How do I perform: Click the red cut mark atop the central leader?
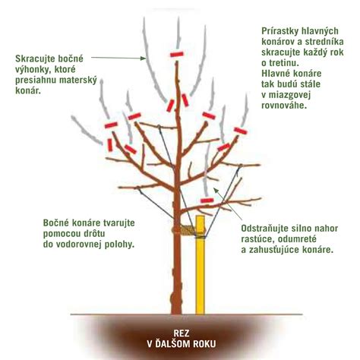point(176,54)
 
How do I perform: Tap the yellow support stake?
point(200,264)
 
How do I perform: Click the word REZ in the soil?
point(182,333)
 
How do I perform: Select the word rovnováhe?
point(284,106)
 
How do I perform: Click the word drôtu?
point(92,234)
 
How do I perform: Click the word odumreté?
point(298,238)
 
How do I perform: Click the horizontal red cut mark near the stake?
point(207,201)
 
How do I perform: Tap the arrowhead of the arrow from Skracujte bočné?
point(144,58)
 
